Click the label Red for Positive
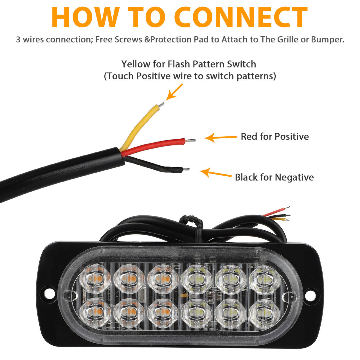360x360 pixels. [x=274, y=137]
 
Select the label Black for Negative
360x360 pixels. [x=274, y=177]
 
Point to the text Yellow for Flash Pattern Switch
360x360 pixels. [x=189, y=64]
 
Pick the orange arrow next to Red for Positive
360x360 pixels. [x=220, y=138]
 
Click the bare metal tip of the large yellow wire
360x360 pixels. [x=161, y=105]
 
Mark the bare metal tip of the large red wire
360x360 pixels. [x=191, y=140]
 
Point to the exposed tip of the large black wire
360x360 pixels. [x=186, y=169]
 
